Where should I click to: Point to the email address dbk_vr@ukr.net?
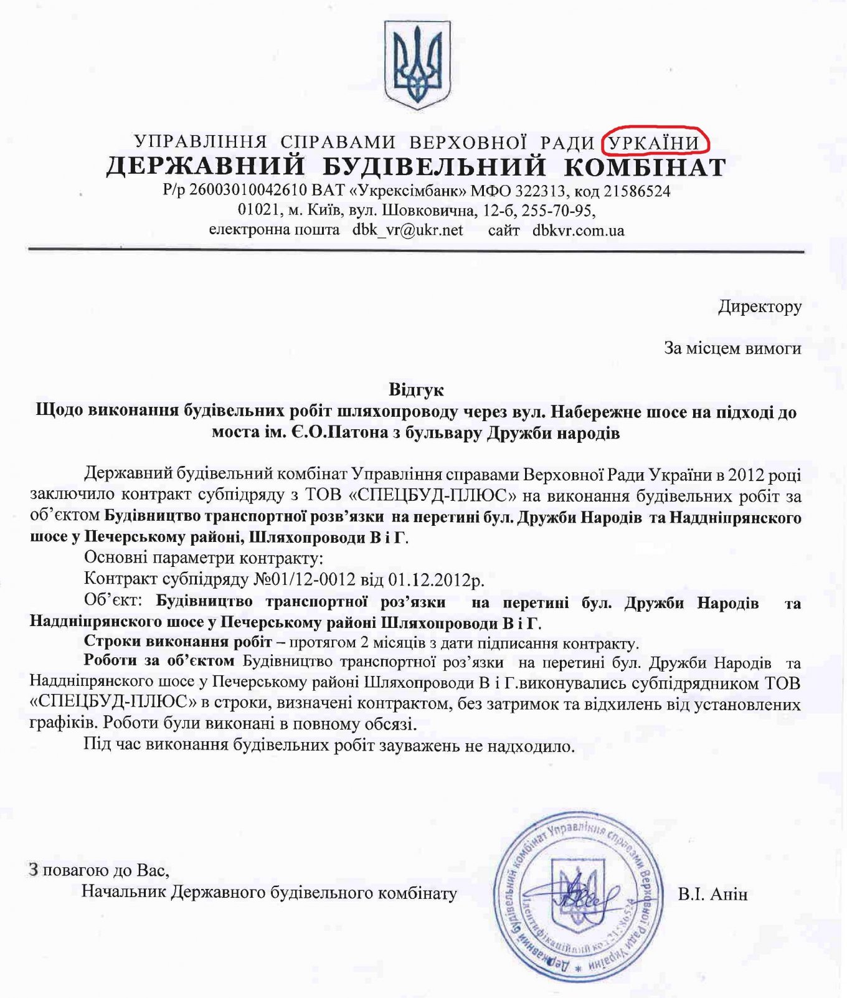point(407,230)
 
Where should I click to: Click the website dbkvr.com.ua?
point(578,230)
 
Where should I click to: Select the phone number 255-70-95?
point(557,211)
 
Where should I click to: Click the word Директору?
point(759,307)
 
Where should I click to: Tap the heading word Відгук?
point(416,390)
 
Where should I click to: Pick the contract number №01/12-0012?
point(305,579)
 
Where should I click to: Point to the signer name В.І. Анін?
point(712,895)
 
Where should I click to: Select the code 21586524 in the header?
point(638,191)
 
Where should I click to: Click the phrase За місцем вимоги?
point(732,348)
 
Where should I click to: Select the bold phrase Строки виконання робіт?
point(177,642)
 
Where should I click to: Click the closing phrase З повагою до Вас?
point(99,869)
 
